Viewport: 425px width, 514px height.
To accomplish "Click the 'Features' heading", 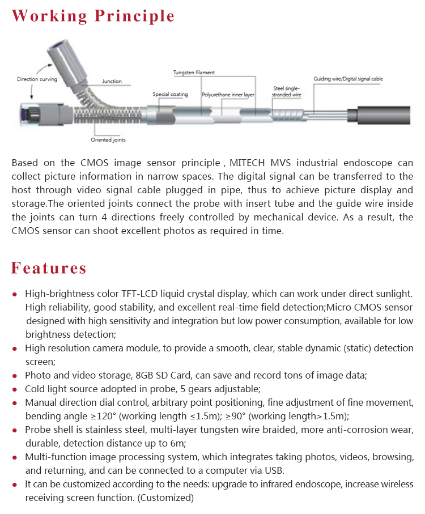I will pyautogui.click(x=49, y=267).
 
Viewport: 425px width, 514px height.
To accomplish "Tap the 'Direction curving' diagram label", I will pyautogui.click(x=37, y=79).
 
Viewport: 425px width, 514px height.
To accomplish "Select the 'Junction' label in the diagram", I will pyautogui.click(x=112, y=82).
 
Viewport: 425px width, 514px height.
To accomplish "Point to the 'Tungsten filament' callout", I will pyautogui.click(x=194, y=73).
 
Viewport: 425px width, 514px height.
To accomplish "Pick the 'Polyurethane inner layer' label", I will pyautogui.click(x=228, y=94).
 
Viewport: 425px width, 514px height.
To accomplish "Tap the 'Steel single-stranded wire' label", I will pyautogui.click(x=287, y=91).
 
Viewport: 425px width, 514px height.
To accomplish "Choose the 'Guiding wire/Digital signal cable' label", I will pyautogui.click(x=348, y=79).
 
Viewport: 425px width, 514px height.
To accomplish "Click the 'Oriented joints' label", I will pyautogui.click(x=108, y=139).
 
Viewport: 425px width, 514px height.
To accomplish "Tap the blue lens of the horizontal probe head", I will pyautogui.click(x=22, y=113).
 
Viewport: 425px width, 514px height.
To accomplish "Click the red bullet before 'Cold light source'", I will pyautogui.click(x=15, y=390).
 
